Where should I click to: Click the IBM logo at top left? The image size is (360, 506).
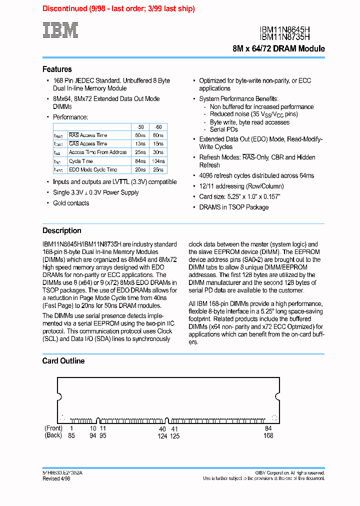coord(60,30)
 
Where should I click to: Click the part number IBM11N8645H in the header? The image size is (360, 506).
coord(292,29)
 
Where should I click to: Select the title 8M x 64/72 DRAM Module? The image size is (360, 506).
coord(278,48)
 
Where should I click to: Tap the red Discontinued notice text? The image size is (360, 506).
coord(118,8)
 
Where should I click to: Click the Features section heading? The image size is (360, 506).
coord(57,69)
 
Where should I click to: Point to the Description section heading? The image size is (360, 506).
coord(61,230)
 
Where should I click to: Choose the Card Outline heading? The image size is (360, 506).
coord(63,360)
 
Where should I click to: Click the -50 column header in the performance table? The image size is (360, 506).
coord(140,127)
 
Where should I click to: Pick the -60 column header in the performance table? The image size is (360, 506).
coord(158,127)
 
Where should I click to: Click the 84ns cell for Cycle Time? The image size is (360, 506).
coord(140,161)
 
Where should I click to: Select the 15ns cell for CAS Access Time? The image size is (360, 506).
coord(158,143)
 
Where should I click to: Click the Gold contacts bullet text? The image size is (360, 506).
coord(71,203)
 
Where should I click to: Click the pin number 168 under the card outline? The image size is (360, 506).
coord(268,435)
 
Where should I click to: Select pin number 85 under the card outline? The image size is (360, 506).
coord(71,435)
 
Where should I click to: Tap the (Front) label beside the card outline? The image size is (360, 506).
coord(53,428)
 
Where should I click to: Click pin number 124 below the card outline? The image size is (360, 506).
coord(162,435)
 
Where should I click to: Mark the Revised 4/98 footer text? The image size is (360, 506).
coord(56,478)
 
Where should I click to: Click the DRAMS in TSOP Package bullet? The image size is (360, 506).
coord(233,207)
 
